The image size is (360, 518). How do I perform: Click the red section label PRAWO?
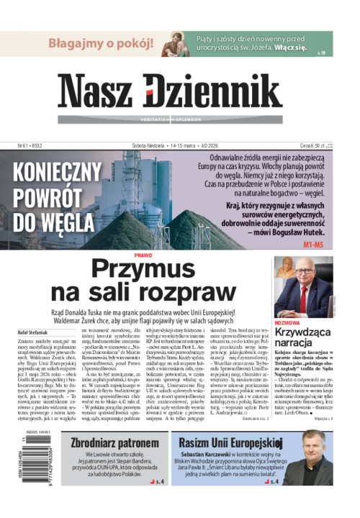click(143, 255)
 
